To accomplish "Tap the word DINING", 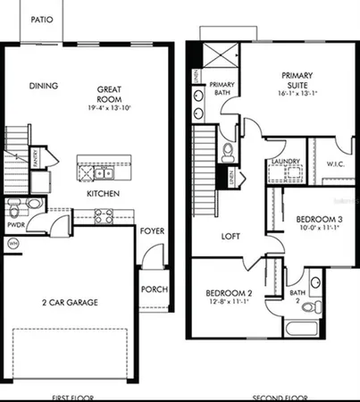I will [44, 87].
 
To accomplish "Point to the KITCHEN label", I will [104, 193].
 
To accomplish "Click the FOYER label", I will [152, 231].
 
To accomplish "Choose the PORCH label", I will [154, 290].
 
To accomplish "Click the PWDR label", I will [15, 226].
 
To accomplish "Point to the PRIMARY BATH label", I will [222, 88].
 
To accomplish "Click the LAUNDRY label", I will [284, 162].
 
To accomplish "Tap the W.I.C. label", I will [336, 163].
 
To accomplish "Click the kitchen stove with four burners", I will [103, 215].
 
